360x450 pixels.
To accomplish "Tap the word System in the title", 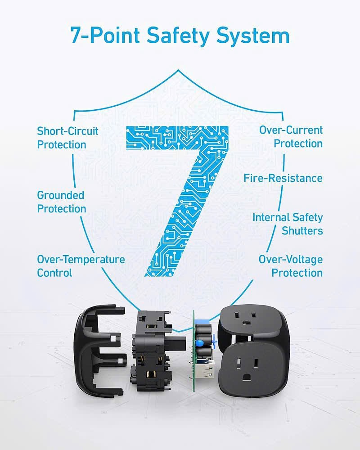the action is click(x=253, y=36).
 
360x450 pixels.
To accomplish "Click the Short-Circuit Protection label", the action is click(x=67, y=138).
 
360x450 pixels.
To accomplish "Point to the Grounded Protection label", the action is click(x=62, y=202).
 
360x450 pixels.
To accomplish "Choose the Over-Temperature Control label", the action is click(x=81, y=266).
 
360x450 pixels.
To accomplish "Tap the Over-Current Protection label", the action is click(x=291, y=137).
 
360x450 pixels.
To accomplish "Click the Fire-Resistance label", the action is click(x=283, y=178).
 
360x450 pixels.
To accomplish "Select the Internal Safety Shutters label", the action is click(x=288, y=224).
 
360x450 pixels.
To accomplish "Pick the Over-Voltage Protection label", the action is click(x=291, y=266).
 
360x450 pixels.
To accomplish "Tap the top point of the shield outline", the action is click(x=178, y=70).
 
